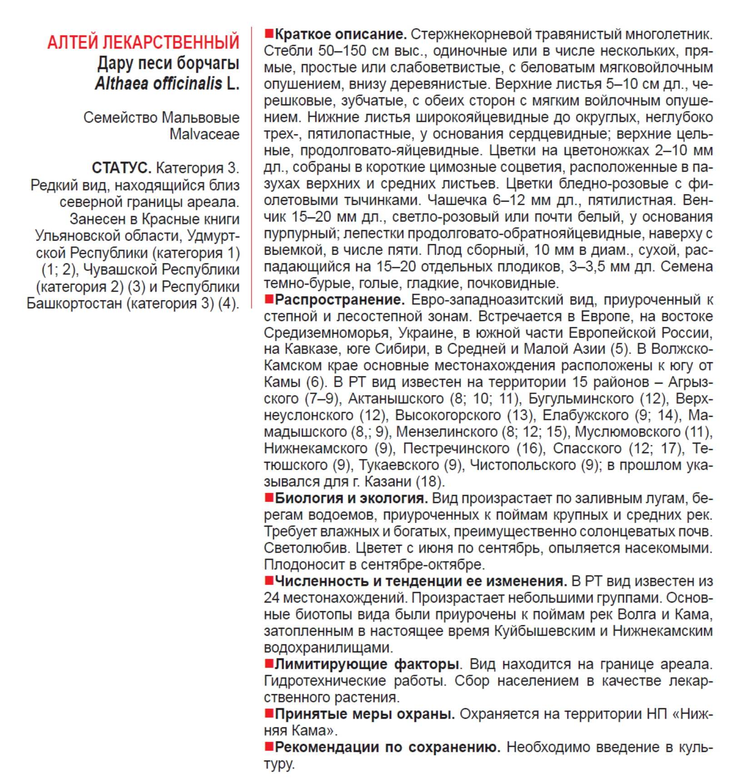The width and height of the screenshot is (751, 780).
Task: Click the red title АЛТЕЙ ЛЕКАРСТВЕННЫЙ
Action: click(143, 42)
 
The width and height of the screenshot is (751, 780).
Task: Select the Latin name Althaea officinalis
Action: click(159, 84)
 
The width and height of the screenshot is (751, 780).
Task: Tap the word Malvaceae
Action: click(204, 134)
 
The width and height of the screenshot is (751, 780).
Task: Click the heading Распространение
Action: click(339, 300)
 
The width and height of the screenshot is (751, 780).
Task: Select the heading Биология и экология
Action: click(351, 498)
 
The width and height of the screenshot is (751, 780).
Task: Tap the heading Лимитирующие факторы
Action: click(366, 664)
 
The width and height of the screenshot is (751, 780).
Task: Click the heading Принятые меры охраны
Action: click(364, 714)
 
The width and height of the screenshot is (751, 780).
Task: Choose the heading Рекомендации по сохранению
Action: click(388, 747)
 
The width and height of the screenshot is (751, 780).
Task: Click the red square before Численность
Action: click(269, 580)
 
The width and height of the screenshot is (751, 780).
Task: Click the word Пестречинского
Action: click(456, 449)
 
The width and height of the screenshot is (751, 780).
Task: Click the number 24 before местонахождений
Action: click(271, 597)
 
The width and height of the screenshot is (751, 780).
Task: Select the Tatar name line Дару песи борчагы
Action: click(168, 63)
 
